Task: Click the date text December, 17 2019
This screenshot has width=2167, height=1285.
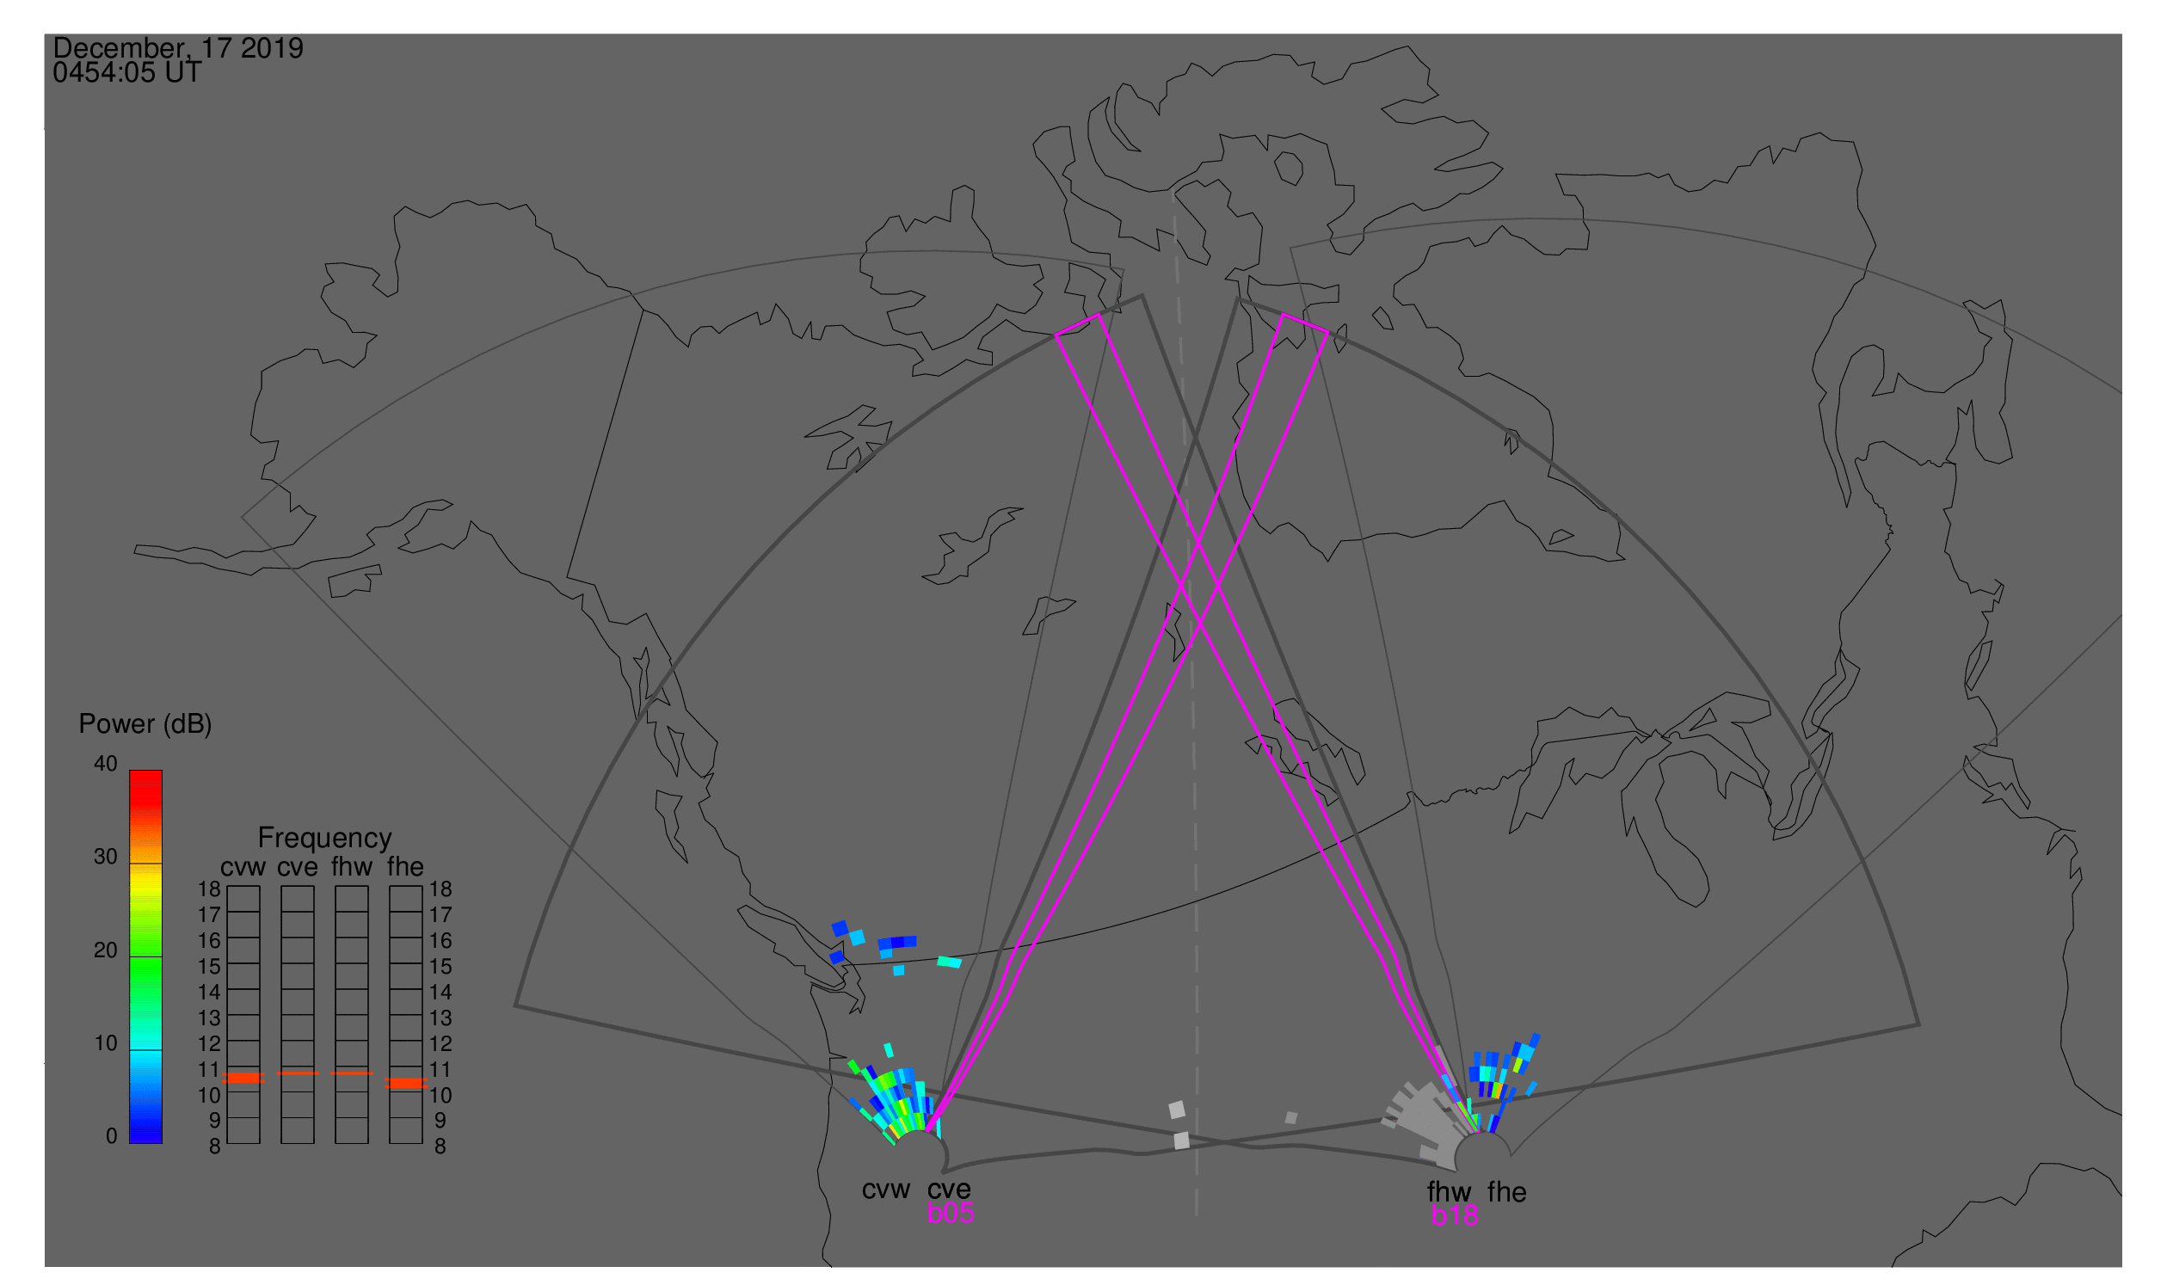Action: point(177,48)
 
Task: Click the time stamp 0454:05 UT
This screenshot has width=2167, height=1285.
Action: point(126,73)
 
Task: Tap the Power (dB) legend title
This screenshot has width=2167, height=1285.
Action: point(145,725)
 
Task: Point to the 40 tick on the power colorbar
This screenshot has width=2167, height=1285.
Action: point(106,764)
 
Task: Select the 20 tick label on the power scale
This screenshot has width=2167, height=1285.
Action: point(106,950)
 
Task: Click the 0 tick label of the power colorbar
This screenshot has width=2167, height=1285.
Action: point(112,1136)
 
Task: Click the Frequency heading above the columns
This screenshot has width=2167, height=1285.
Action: point(325,839)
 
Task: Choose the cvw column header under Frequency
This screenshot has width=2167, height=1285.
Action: point(243,868)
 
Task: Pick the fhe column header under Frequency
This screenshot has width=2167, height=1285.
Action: point(405,867)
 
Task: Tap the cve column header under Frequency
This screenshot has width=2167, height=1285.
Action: point(298,868)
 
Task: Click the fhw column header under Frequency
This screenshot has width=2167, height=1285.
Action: point(352,867)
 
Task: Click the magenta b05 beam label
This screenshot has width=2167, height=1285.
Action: point(951,1214)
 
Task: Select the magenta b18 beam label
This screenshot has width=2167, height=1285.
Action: point(1455,1216)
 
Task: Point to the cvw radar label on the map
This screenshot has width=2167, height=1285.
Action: point(886,1190)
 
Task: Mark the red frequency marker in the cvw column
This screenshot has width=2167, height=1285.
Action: point(243,1078)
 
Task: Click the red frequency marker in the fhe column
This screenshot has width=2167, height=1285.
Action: point(405,1083)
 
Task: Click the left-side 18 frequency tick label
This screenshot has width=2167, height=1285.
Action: point(210,889)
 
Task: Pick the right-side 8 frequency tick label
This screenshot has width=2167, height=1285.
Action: point(440,1147)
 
